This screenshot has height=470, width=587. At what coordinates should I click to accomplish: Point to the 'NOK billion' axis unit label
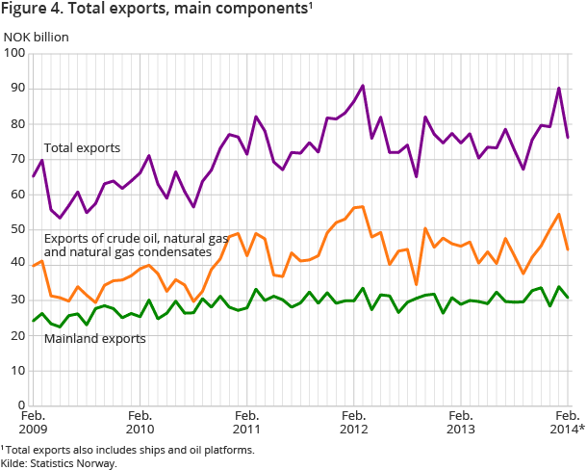37,38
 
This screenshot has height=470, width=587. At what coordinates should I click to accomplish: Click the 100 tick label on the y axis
16,53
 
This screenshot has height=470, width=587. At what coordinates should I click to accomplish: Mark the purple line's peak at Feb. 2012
363,86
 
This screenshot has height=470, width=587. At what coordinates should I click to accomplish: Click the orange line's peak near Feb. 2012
363,206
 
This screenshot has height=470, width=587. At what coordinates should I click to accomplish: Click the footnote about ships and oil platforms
127,448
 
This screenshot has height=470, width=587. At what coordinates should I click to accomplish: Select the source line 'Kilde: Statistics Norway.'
60,462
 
